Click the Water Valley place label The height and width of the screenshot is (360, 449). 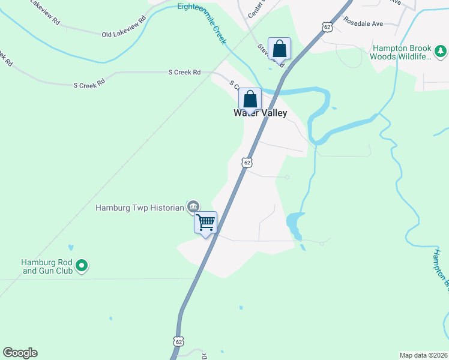coord(261,113)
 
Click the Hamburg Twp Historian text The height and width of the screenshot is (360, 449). coord(139,208)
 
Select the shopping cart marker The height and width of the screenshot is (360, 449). coord(206,223)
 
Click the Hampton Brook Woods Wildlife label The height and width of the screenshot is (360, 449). coord(400,52)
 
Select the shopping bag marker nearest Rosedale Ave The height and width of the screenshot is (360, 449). coord(280,48)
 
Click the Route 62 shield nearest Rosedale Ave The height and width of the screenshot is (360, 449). coord(327,27)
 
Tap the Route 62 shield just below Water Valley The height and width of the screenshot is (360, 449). coord(247,162)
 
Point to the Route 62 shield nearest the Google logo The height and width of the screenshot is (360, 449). coord(178,341)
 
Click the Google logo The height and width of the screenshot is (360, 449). coord(20,353)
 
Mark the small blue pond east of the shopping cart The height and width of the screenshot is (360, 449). coord(293,223)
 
